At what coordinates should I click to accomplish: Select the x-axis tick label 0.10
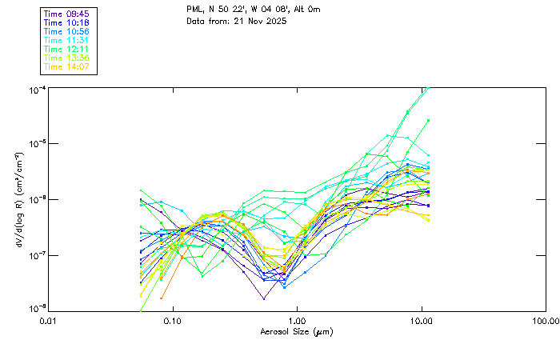[x=172, y=322]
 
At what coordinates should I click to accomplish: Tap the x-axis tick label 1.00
[x=297, y=322]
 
